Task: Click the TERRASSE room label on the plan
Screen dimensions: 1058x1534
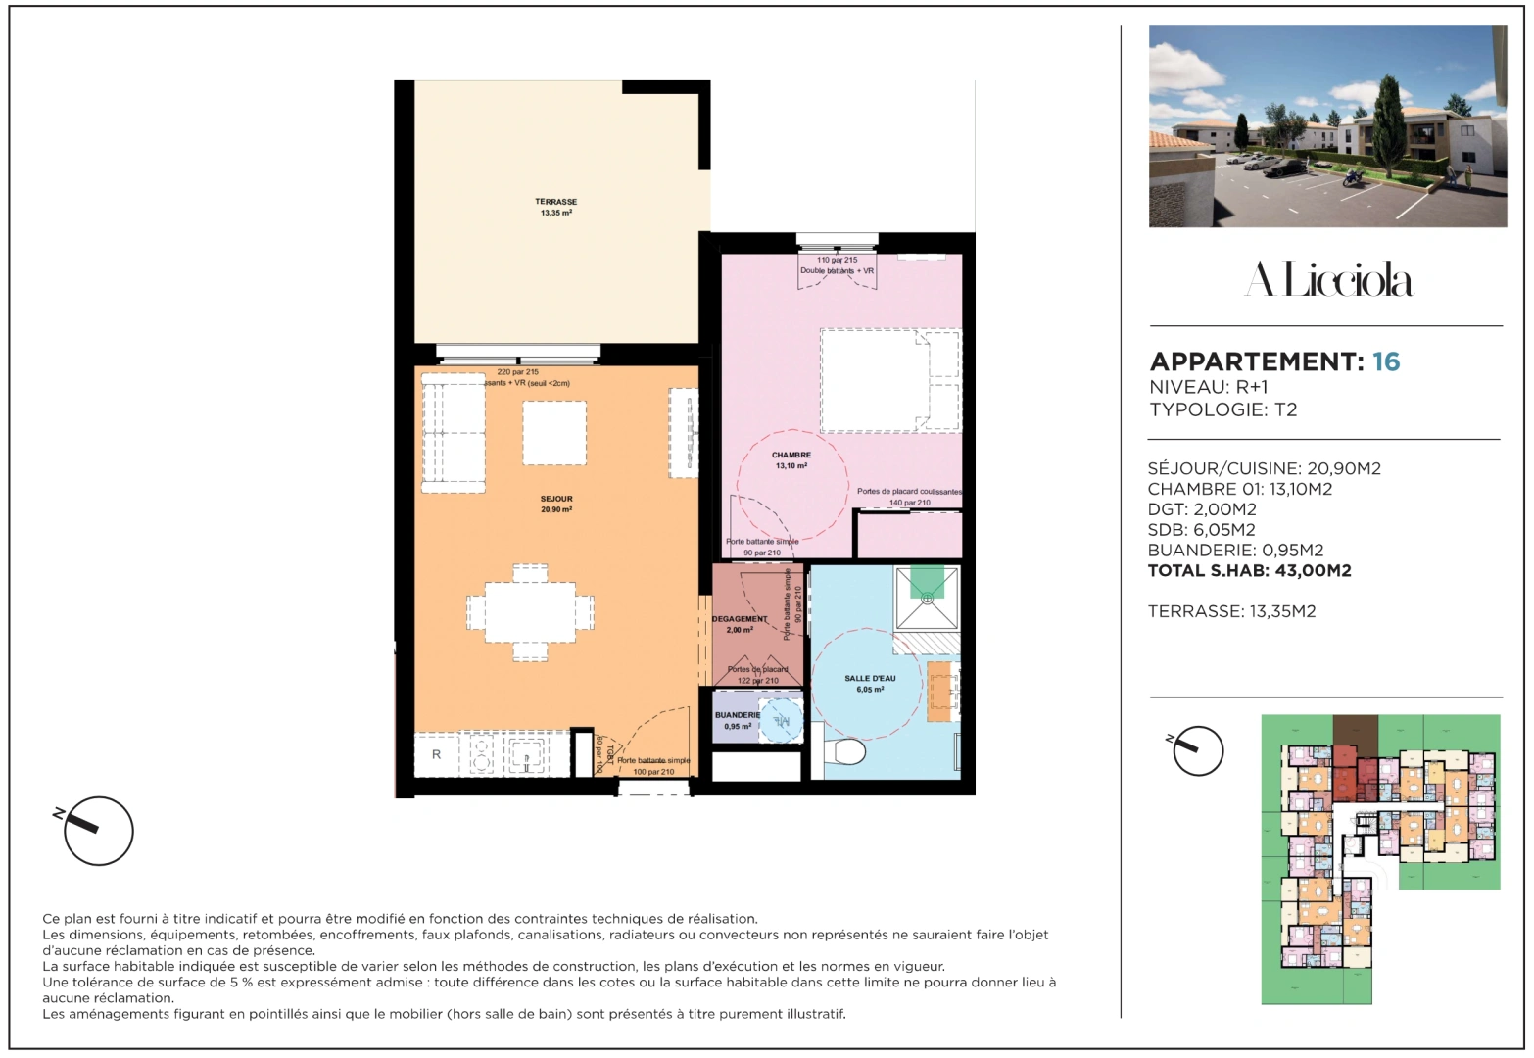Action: coord(555,207)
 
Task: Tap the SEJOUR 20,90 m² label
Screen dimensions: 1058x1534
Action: coord(555,505)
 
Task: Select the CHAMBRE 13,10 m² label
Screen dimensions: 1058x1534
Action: coord(791,460)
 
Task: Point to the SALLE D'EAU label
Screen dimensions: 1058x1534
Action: coord(870,683)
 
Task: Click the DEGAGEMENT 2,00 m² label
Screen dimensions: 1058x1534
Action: coord(740,624)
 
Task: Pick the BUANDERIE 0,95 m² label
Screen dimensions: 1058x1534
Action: coord(738,721)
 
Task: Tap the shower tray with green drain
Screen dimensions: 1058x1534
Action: coord(927,597)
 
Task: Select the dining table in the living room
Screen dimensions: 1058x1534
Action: coord(530,612)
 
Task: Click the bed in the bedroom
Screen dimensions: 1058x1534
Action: coord(889,380)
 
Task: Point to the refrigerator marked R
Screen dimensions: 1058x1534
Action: coord(437,754)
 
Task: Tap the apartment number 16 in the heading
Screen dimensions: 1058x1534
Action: coord(1386,361)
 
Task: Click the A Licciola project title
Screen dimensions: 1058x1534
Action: coord(1327,281)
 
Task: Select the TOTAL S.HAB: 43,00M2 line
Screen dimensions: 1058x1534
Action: coord(1249,571)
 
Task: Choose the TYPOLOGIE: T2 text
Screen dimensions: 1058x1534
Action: coord(1222,409)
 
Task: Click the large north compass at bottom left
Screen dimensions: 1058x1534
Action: coord(98,831)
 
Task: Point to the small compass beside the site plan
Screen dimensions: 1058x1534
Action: coord(1197,751)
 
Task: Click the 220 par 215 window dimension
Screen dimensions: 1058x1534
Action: coord(517,372)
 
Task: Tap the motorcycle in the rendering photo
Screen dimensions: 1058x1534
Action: coord(1353,178)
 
